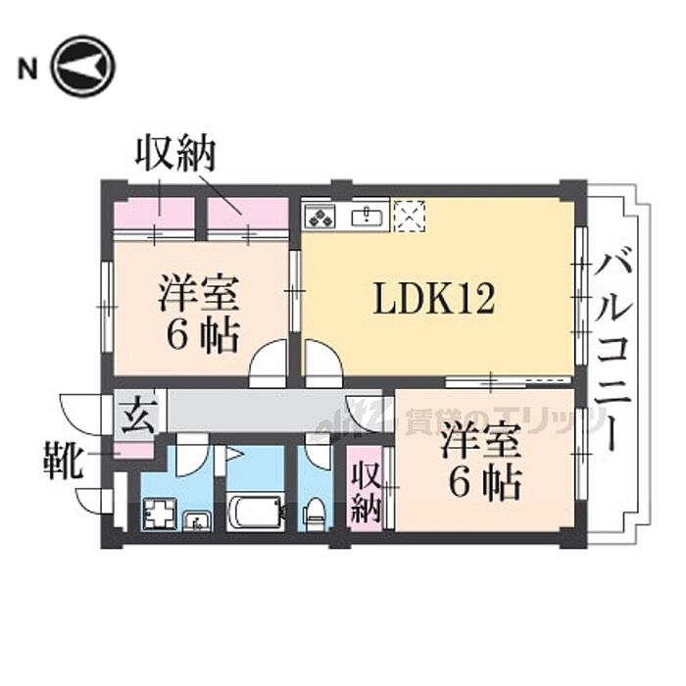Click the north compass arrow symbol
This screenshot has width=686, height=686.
click(83, 68)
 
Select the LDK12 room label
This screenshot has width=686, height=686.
click(432, 298)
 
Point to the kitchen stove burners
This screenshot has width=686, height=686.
click(320, 215)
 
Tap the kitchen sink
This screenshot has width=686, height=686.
click(367, 215)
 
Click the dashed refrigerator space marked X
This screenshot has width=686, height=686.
click(409, 217)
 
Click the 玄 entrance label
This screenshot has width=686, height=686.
click(131, 415)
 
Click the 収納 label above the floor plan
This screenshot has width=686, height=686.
click(176, 154)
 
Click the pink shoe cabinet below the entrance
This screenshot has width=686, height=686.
click(134, 452)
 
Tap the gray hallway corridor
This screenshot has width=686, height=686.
click(255, 412)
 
